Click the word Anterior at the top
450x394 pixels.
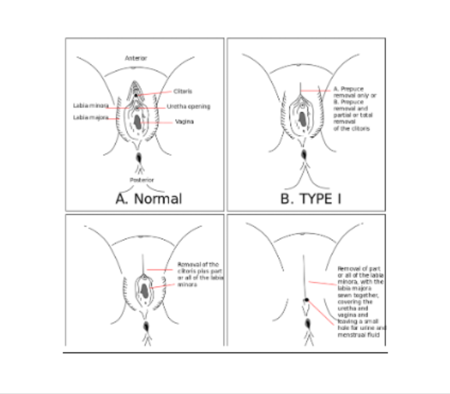pos(136,58)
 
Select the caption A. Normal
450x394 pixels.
pos(149,199)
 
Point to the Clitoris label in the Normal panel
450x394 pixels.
pos(183,92)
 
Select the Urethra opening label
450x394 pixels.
pos(188,106)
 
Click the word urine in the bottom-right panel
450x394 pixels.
pos(369,328)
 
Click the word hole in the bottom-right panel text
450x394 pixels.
pos(344,328)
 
